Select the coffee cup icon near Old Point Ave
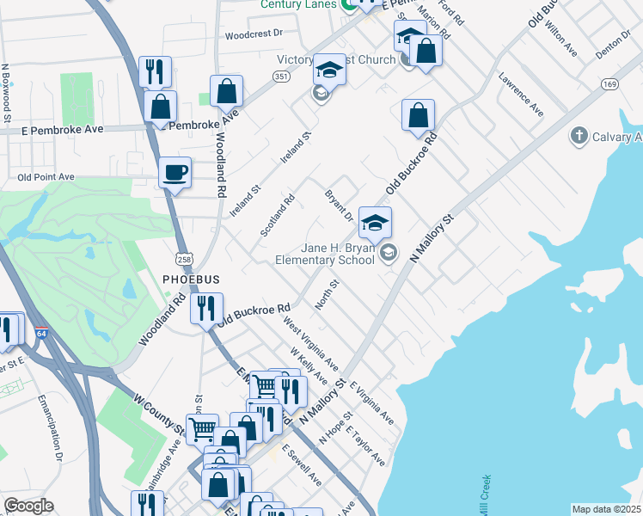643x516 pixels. tap(175, 172)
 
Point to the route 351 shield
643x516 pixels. tap(281, 76)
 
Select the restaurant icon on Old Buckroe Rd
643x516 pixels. tap(206, 307)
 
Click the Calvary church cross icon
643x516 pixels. tap(579, 137)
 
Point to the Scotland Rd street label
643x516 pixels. tap(278, 216)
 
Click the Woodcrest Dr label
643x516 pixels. tap(254, 35)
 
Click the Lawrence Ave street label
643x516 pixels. tap(521, 95)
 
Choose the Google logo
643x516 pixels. tap(28, 506)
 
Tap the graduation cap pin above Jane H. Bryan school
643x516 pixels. tap(375, 223)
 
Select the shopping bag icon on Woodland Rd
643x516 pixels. tap(227, 90)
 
